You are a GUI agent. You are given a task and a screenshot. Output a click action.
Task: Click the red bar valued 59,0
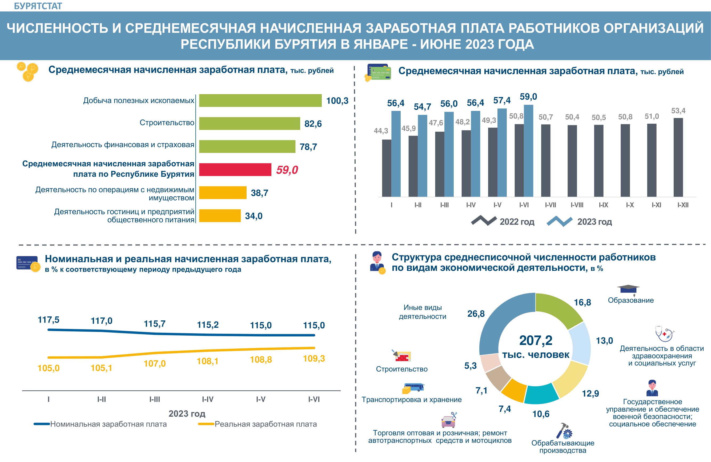pos(235,169)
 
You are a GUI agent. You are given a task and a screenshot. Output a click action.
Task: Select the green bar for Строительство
pos(250,123)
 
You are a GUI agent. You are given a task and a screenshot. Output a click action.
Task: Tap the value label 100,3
pos(337,101)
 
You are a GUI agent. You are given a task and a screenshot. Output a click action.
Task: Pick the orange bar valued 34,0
pos(220,216)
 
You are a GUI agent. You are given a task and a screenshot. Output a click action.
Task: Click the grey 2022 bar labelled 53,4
pos(678,157)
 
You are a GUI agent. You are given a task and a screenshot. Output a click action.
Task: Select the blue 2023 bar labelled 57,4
pos(502,152)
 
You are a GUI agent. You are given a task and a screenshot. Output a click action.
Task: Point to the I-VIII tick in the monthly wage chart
pos(577,205)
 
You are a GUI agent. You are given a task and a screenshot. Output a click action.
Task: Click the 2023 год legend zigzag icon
pos(559,221)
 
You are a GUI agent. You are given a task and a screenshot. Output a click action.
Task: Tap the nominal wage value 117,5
pos(49,320)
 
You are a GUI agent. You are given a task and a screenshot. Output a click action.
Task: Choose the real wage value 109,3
pos(314,358)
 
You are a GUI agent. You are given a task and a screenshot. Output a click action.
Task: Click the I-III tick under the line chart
pos(155,399)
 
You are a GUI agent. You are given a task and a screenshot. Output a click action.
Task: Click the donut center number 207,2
pos(536,340)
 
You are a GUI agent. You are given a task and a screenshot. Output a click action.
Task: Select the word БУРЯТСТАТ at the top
pos(38,6)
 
